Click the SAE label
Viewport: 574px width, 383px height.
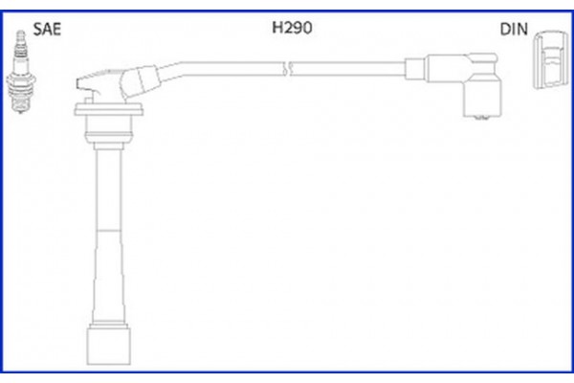click(x=47, y=29)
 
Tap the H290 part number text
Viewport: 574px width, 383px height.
click(x=292, y=29)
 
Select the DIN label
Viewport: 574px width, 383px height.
click(x=513, y=29)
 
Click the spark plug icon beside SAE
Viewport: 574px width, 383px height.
click(x=17, y=71)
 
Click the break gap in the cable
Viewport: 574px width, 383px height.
click(x=288, y=67)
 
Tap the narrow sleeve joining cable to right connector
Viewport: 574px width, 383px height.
click(x=414, y=67)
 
